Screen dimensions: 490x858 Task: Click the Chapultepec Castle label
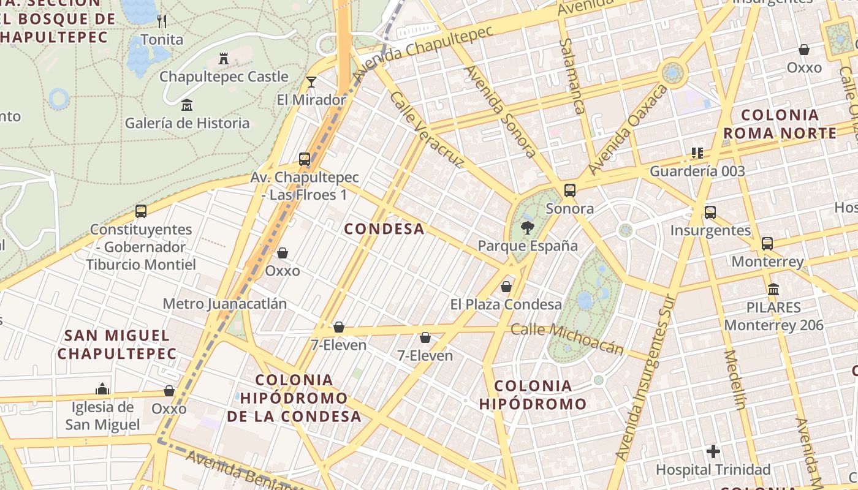(x=224, y=77)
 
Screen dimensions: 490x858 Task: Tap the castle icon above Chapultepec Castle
(x=224, y=59)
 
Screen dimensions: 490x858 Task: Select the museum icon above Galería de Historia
(x=187, y=105)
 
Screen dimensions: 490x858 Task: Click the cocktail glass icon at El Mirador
(x=311, y=81)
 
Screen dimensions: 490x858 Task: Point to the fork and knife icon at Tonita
(x=162, y=21)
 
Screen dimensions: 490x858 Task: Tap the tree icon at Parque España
(x=526, y=228)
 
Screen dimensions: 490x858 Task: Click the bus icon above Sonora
(x=570, y=190)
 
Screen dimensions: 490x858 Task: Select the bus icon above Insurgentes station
(x=710, y=213)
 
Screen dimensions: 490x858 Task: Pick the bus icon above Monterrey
(x=767, y=244)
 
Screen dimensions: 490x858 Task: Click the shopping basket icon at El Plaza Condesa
(x=506, y=287)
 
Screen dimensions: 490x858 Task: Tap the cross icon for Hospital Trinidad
(x=713, y=452)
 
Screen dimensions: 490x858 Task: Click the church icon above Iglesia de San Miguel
(x=102, y=389)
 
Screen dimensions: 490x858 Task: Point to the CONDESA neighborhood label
(x=384, y=229)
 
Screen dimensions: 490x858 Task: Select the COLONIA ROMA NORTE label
(x=780, y=124)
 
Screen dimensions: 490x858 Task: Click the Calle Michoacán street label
(x=567, y=339)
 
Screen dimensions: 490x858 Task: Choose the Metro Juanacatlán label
(x=225, y=304)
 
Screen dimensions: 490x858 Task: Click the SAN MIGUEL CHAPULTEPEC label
(x=117, y=344)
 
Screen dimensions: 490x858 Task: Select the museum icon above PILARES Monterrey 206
(x=773, y=289)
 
